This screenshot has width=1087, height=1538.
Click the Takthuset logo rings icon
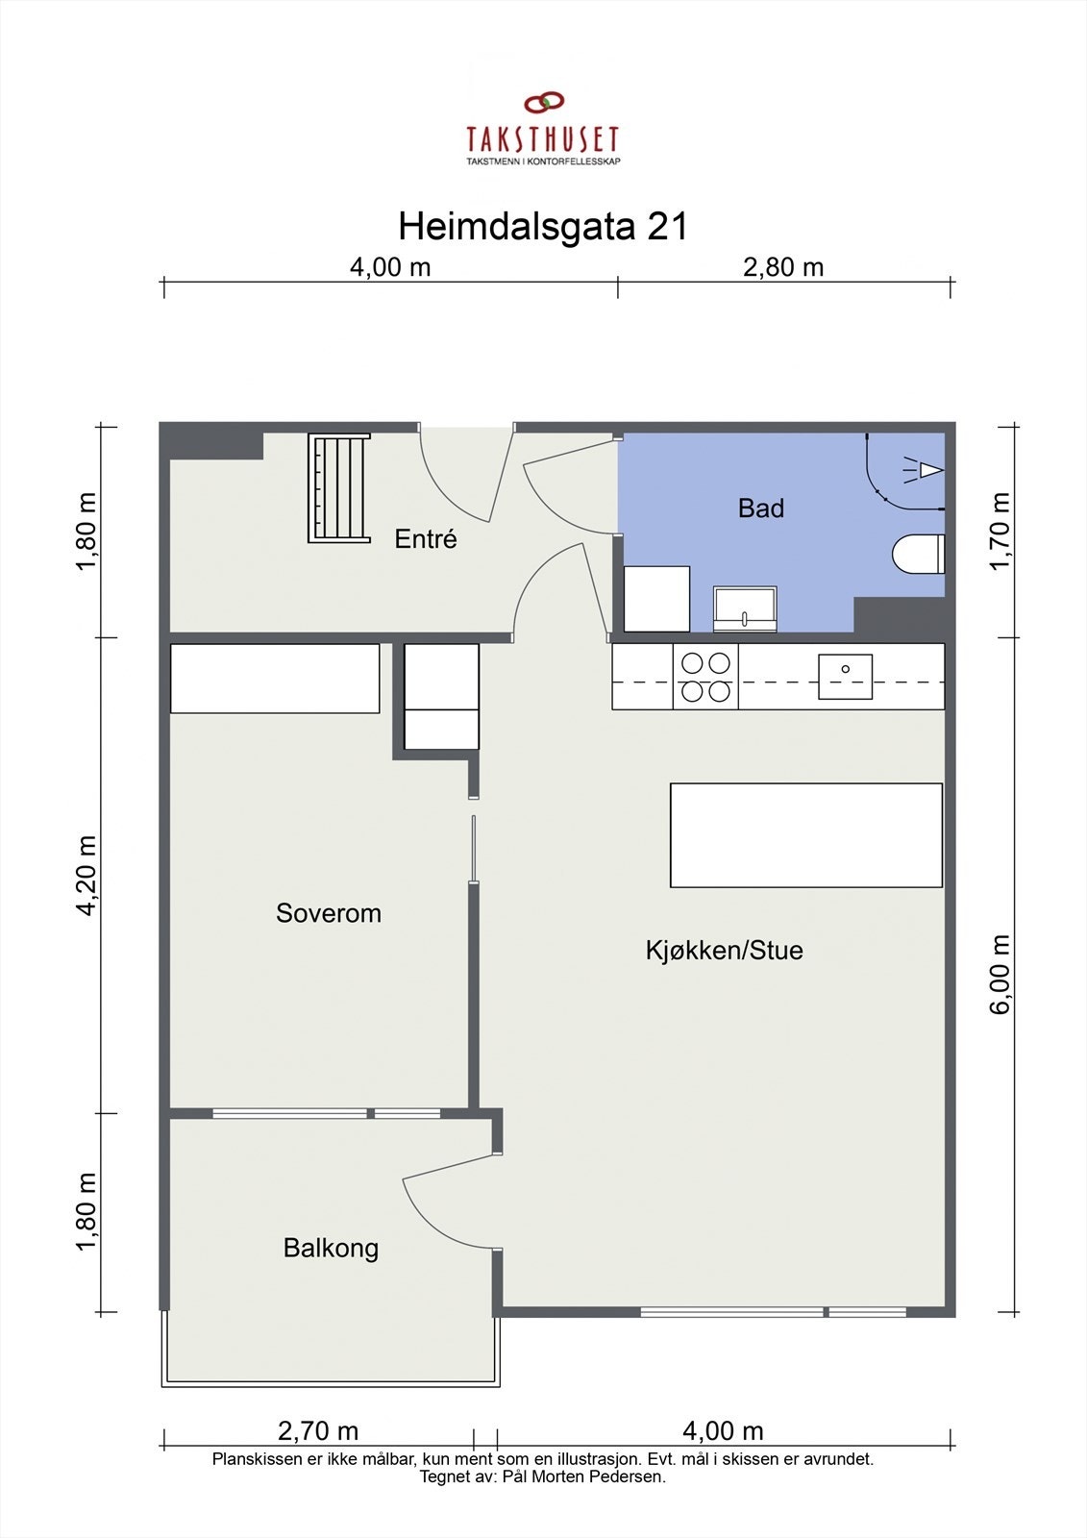point(543,103)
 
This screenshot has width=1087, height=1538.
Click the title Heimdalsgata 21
point(543,228)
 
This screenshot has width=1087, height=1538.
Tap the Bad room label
point(760,509)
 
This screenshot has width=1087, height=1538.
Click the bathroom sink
point(745,609)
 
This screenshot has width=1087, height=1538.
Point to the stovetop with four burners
point(705,677)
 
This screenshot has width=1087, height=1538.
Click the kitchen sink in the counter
point(845,676)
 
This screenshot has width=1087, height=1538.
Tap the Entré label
point(426,539)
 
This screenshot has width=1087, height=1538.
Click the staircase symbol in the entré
point(338,488)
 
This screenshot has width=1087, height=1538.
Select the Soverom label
point(328,913)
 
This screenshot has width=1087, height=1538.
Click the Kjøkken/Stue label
point(724,951)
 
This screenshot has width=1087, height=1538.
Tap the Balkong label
point(331,1249)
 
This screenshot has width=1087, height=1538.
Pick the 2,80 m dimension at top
point(783,267)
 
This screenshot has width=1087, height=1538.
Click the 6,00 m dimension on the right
point(1000,973)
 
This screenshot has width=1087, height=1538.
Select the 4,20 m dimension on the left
point(86,875)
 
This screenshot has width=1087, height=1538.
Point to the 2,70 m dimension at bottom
point(318,1431)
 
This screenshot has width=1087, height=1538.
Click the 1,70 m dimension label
point(1000,531)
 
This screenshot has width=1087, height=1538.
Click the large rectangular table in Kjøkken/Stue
point(805,834)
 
